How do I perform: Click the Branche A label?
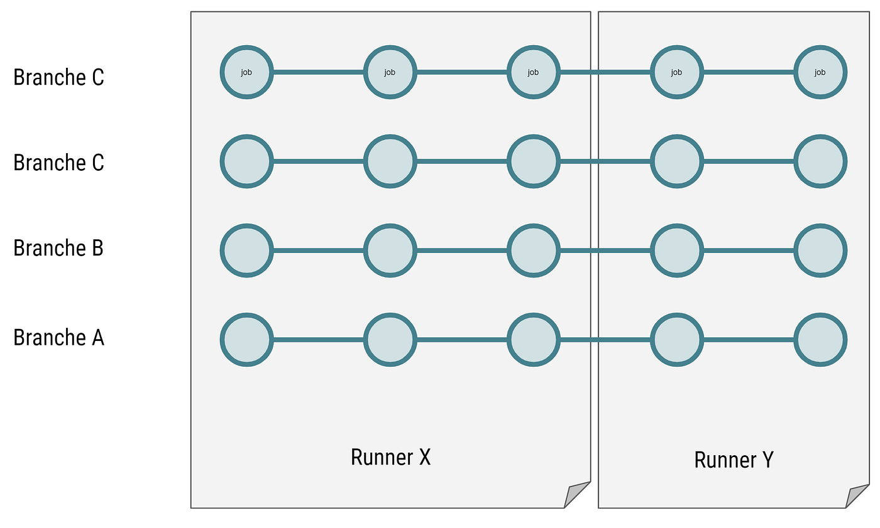58,338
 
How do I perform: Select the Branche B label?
58,248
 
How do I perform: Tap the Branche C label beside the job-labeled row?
58,77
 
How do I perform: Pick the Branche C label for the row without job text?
58,163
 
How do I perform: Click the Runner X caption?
390,457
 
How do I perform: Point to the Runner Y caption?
734,460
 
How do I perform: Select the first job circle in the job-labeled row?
246,72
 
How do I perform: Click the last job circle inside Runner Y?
820,72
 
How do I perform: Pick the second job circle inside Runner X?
390,72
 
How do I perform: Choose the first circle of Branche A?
246,340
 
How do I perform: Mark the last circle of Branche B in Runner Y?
820,251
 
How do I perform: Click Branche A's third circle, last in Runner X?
533,340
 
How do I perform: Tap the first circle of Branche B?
246,251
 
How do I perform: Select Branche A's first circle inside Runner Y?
676,340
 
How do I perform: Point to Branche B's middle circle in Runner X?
390,251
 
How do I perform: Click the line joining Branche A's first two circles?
318,340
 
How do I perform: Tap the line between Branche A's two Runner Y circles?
748,340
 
